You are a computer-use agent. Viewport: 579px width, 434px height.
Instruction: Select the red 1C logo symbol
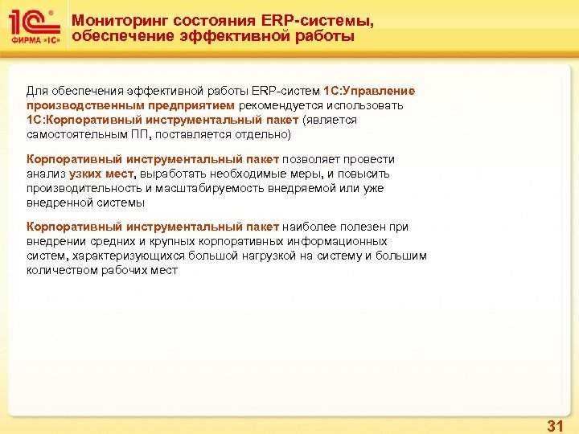click(x=31, y=22)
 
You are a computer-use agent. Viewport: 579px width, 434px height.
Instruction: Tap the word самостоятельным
click(x=73, y=134)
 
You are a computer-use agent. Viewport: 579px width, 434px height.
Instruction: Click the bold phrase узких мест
click(x=101, y=174)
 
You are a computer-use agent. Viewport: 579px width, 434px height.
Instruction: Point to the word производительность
click(x=80, y=188)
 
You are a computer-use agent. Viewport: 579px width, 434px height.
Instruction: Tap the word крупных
click(x=183, y=242)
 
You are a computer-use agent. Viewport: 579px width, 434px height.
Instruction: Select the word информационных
click(x=341, y=242)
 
